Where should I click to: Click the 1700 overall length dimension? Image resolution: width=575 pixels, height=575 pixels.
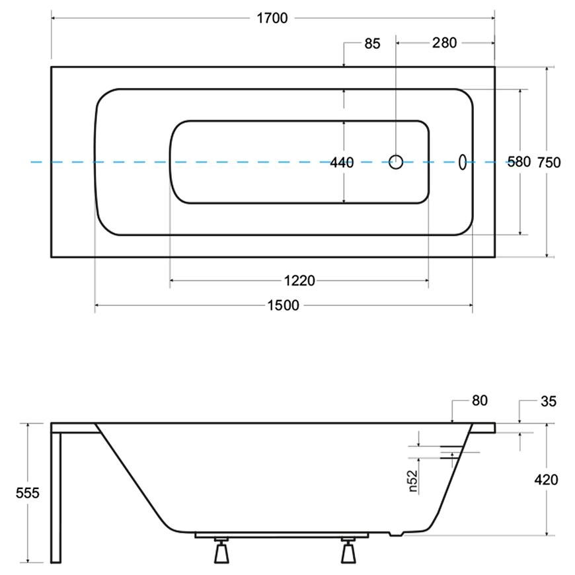pos(272,18)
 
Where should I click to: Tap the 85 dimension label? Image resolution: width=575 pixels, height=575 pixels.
pos(372,44)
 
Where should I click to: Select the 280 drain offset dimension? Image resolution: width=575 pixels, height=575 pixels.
pos(444,43)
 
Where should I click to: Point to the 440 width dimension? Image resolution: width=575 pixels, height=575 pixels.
pos(342,163)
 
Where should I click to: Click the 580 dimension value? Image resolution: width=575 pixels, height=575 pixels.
pos(519,162)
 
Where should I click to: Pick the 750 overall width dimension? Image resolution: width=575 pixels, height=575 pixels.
pos(549,163)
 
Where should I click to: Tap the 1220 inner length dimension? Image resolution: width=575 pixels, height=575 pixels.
pos(299,281)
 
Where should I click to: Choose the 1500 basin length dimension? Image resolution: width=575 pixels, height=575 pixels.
pos(283,305)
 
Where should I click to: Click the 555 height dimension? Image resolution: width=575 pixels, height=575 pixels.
pos(28,493)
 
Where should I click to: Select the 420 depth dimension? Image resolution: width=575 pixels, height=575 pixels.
pos(546,480)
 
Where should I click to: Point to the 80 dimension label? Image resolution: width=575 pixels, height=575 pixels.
pos(480,401)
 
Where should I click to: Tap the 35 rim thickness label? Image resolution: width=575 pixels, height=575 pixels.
pos(549,401)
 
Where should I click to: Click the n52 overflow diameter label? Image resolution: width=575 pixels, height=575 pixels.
pos(413,480)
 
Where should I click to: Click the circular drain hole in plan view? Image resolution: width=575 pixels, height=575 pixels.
pos(396,162)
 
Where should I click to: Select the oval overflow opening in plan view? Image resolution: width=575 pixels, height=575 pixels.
pos(463,162)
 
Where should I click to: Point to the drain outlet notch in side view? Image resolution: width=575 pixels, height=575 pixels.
pos(396,534)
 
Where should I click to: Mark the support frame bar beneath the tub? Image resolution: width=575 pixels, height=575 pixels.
pos(282,535)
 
